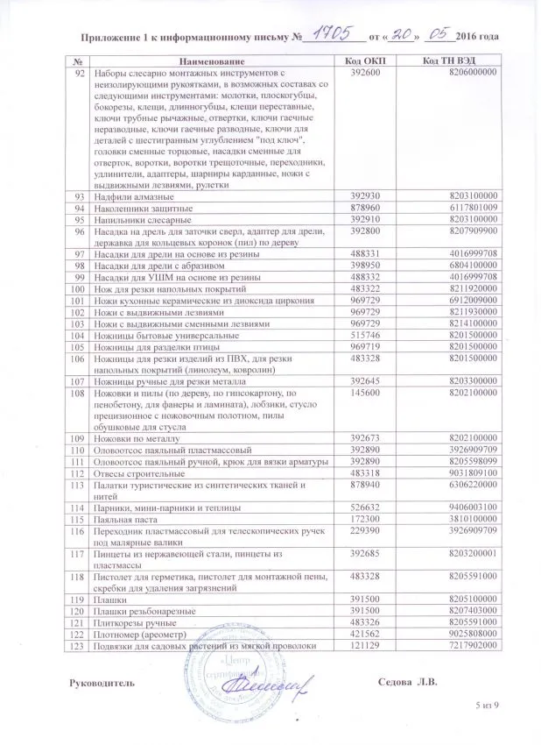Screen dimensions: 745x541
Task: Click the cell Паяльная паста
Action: click(x=125, y=518)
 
